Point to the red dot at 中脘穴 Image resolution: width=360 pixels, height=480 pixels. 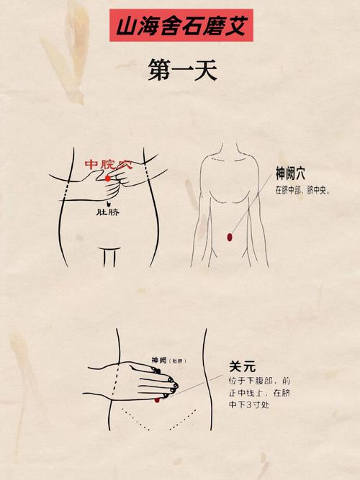coord(108,177)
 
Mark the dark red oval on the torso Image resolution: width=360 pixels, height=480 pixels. coord(229,236)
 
